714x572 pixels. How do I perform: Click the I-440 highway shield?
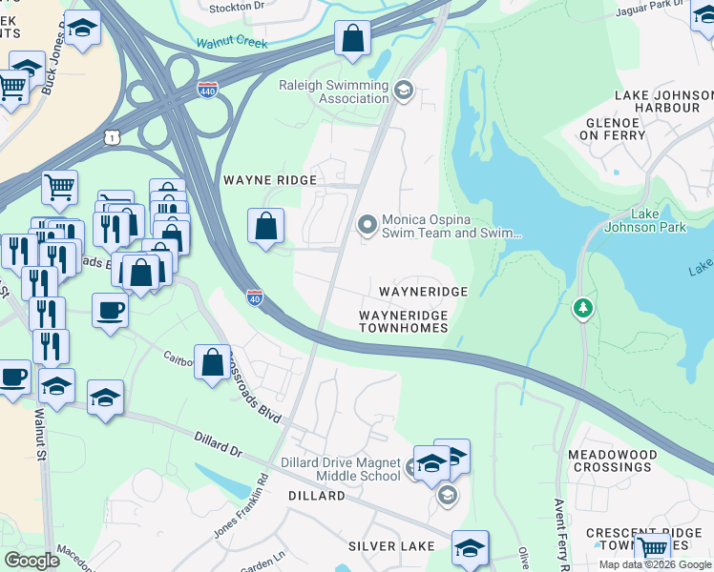pyautogui.click(x=206, y=88)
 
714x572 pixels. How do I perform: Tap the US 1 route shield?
pyautogui.click(x=114, y=138)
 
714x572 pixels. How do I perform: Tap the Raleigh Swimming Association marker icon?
pyautogui.click(x=404, y=90)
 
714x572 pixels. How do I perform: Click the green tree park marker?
pyautogui.click(x=582, y=309)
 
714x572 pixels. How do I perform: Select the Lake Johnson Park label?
pyautogui.click(x=659, y=221)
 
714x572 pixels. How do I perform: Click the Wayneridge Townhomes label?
pyautogui.click(x=403, y=321)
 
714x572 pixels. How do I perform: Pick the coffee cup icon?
pyautogui.click(x=110, y=310)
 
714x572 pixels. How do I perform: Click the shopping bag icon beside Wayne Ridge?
pyautogui.click(x=266, y=226)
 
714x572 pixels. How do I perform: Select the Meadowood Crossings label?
pyautogui.click(x=611, y=460)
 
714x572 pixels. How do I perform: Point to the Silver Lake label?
pyautogui.click(x=391, y=546)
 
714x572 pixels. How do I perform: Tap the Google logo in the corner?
pyautogui.click(x=31, y=560)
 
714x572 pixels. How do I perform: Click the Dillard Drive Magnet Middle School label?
pyautogui.click(x=340, y=469)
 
